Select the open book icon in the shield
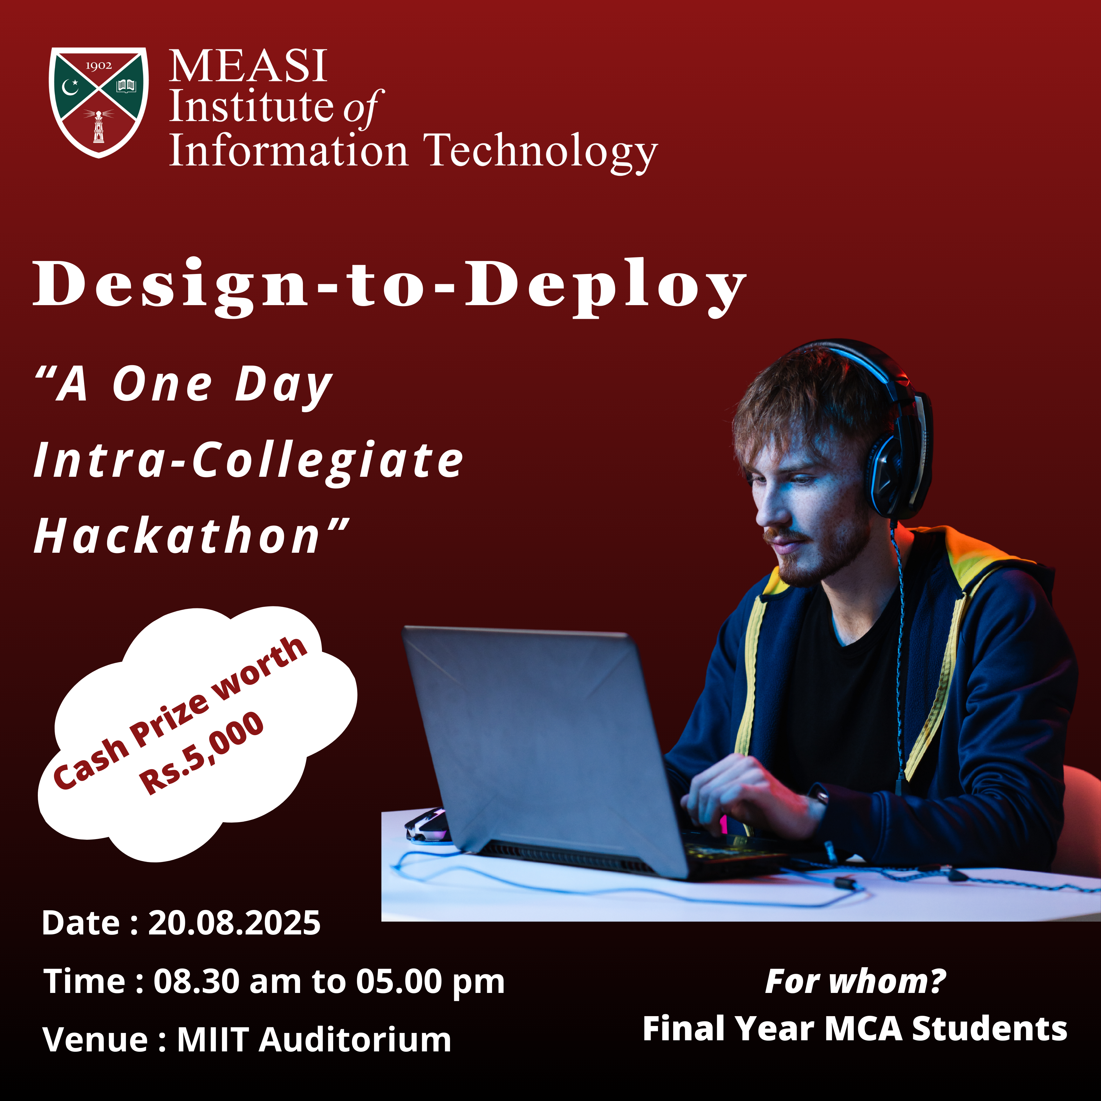[x=126, y=86]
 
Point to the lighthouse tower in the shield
[x=99, y=127]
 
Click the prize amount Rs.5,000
[x=202, y=752]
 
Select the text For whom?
[x=855, y=981]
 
